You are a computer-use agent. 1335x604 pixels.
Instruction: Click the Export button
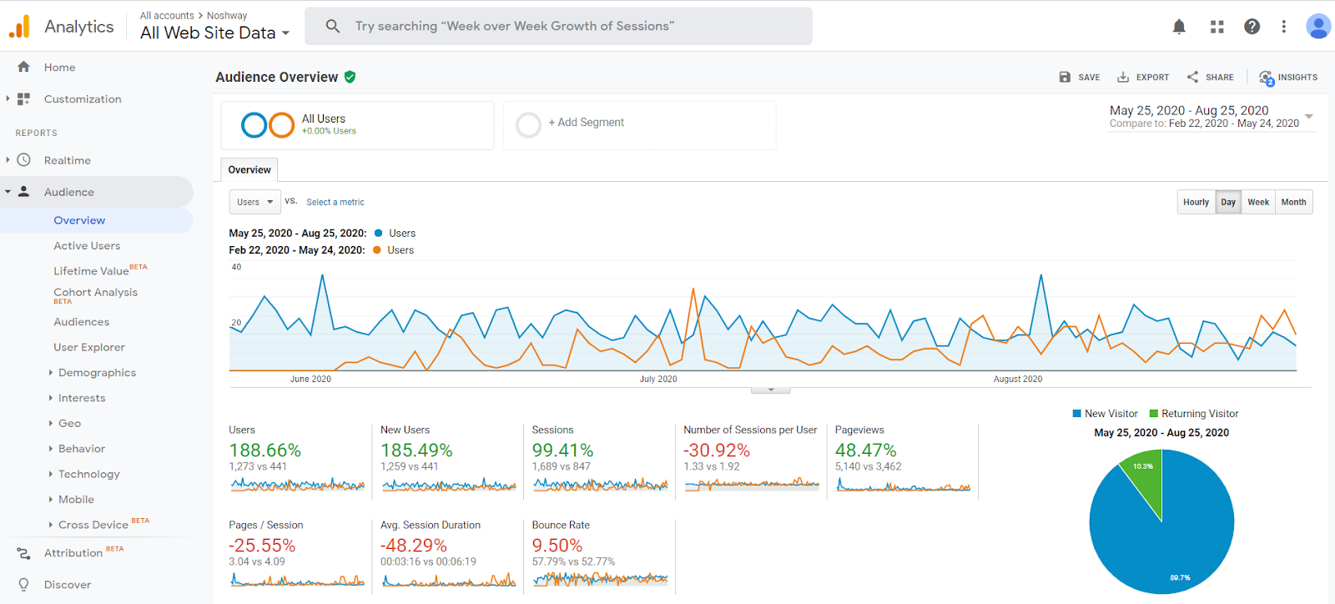click(1143, 77)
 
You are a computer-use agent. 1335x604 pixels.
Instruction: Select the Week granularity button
click(1257, 202)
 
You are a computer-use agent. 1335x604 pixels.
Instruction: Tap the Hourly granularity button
click(1196, 202)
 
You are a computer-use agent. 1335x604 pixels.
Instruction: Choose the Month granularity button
click(1293, 202)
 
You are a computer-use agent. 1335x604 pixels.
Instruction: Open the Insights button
click(1288, 77)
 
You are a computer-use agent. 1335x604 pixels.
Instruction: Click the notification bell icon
click(1179, 27)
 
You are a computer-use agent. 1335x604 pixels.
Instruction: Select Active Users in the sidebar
click(87, 246)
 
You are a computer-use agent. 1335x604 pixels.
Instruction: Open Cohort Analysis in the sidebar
click(95, 293)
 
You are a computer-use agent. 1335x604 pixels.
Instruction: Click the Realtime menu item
click(67, 160)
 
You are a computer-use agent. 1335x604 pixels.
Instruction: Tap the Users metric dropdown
click(254, 202)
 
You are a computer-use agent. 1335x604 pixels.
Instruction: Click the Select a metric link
click(335, 202)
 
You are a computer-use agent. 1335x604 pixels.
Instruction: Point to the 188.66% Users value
click(264, 450)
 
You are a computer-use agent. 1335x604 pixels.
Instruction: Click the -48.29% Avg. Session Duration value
click(413, 546)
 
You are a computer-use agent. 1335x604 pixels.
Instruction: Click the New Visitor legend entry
click(1105, 414)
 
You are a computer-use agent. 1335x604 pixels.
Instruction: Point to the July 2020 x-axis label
click(658, 379)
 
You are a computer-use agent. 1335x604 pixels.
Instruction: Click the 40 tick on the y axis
click(236, 267)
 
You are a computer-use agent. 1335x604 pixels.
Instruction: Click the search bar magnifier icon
click(332, 26)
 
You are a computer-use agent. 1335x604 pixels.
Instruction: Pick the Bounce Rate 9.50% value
click(557, 546)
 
